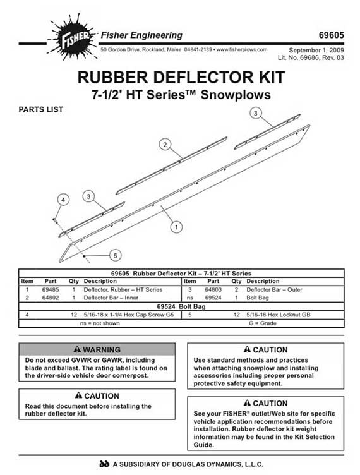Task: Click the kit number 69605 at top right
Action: (331, 35)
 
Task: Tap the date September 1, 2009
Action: (316, 50)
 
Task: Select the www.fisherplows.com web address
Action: (242, 49)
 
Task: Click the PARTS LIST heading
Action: (41, 109)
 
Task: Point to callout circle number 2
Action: (165, 145)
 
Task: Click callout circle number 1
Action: (176, 227)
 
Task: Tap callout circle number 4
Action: (63, 200)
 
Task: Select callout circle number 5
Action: (116, 255)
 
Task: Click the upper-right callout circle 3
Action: (256, 113)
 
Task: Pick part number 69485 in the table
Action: (51, 289)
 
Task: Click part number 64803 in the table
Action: (213, 289)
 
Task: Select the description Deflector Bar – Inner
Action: (111, 298)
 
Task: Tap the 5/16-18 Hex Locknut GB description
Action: (279, 315)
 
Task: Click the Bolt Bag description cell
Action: (258, 298)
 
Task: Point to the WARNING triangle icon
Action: (77, 349)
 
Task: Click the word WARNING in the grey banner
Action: (102, 349)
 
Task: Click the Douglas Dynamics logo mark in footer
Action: (104, 464)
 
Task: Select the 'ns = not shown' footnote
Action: (100, 323)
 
